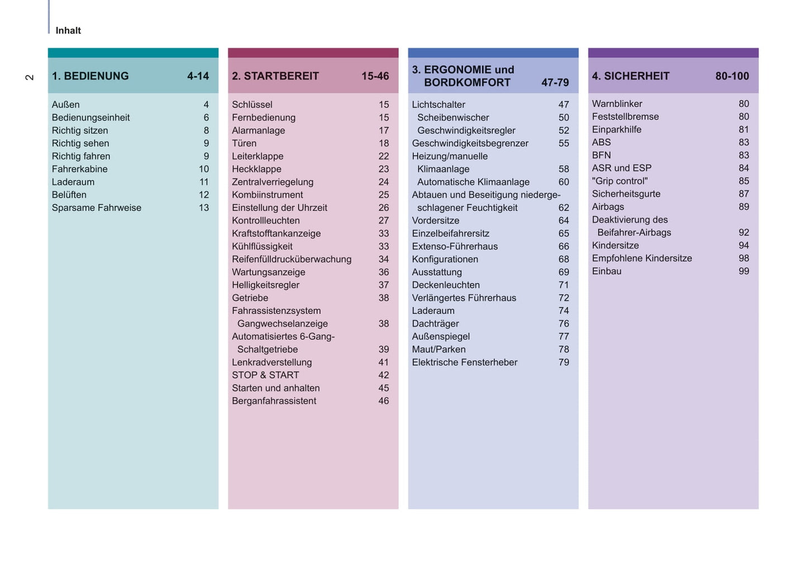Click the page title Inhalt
[x=68, y=31]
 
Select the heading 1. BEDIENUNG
[x=90, y=76]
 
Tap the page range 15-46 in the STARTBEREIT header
[x=375, y=76]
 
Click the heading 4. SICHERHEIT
[x=630, y=76]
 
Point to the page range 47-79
[x=555, y=83]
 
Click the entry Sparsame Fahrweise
[x=96, y=208]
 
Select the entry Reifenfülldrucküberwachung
[x=292, y=259]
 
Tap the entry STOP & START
[x=265, y=375]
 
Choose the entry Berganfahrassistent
[x=274, y=401]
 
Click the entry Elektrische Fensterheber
[x=464, y=362]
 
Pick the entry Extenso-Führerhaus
[x=455, y=246]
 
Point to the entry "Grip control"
[x=619, y=181]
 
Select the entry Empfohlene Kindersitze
[x=642, y=258]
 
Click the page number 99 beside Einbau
[x=743, y=271]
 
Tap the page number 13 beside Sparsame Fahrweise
[x=204, y=208]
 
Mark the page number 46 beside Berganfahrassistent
[x=383, y=401]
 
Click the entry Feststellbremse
[x=625, y=117]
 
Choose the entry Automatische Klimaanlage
[x=473, y=182]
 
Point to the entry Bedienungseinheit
[x=90, y=118]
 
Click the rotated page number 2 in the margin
[x=30, y=77]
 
